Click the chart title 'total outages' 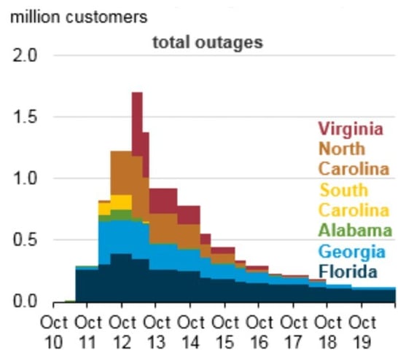click(x=207, y=43)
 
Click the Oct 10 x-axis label click(x=54, y=331)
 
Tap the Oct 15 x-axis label click(x=225, y=331)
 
